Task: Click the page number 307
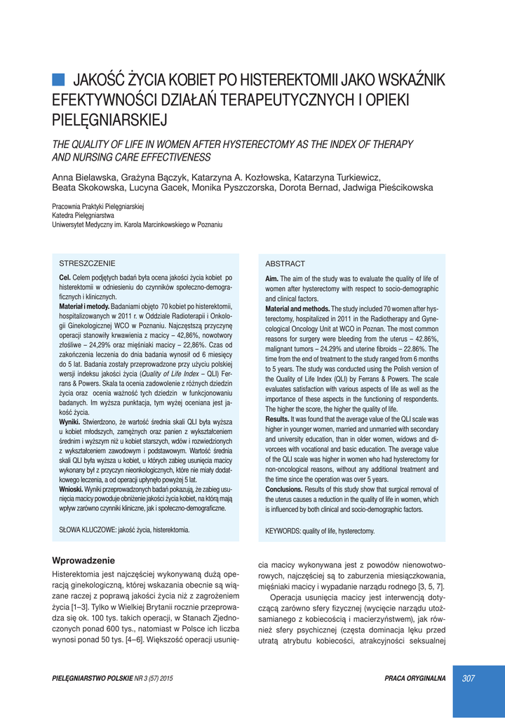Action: pos(469,678)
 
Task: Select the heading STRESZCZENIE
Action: pos(87,263)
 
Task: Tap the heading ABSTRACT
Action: pos(285,264)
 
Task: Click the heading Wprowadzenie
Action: pos(83,560)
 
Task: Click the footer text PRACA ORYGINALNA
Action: pos(415,678)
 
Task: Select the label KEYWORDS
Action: pos(283,531)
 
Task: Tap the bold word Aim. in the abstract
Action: pos(272,278)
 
